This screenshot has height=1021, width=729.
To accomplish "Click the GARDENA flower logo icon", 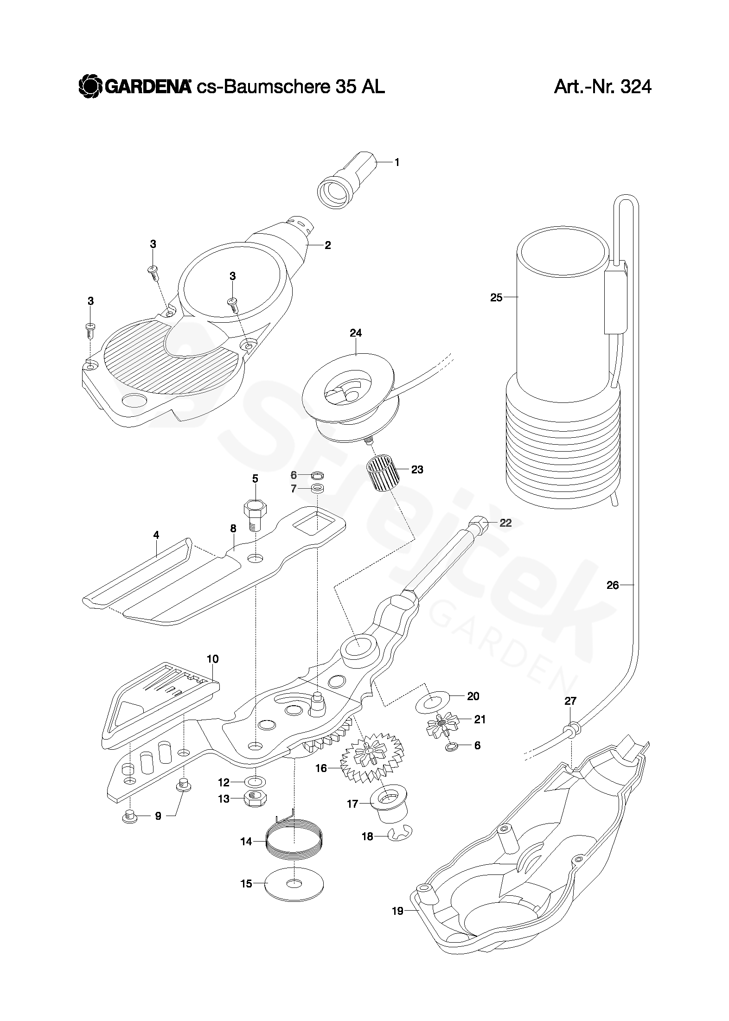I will pyautogui.click(x=90, y=86).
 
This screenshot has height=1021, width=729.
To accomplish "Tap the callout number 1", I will pyautogui.click(x=396, y=162).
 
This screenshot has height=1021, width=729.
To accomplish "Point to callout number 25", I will pyautogui.click(x=496, y=297).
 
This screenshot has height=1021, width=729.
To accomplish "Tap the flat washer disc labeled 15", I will pyautogui.click(x=294, y=884).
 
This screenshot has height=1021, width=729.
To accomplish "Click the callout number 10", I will pyautogui.click(x=213, y=658).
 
